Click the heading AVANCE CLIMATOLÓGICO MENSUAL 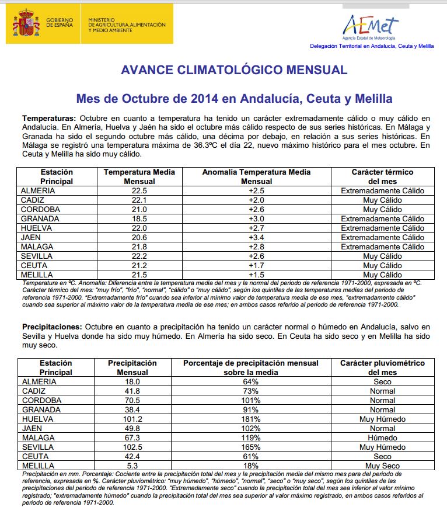coord(233,70)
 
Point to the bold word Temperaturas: coord(49,117)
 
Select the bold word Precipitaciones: coord(53,327)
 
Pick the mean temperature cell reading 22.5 coord(139,191)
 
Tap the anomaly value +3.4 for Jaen coord(257,238)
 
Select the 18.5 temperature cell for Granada coord(139,219)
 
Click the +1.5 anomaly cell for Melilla coord(257,275)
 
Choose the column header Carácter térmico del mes coord(382,177)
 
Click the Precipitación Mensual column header coord(132,367)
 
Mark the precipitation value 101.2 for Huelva coord(132,419)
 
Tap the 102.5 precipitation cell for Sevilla coord(132,447)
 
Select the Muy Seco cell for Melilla coord(382,466)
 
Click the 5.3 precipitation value coord(132,466)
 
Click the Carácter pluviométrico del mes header coord(382,367)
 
